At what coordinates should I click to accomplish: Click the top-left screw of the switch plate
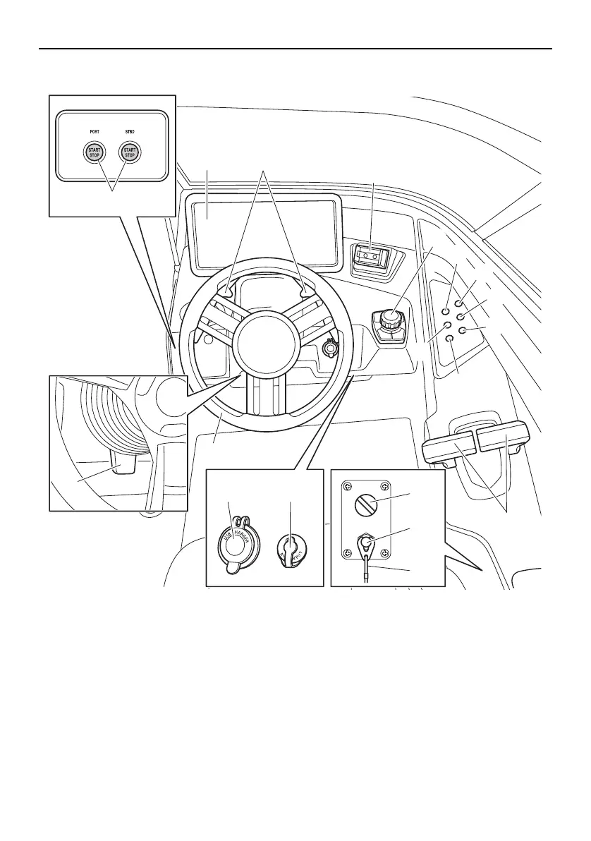[347, 486]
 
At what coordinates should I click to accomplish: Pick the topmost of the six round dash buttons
[458, 303]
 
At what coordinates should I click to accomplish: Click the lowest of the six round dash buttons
[450, 339]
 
